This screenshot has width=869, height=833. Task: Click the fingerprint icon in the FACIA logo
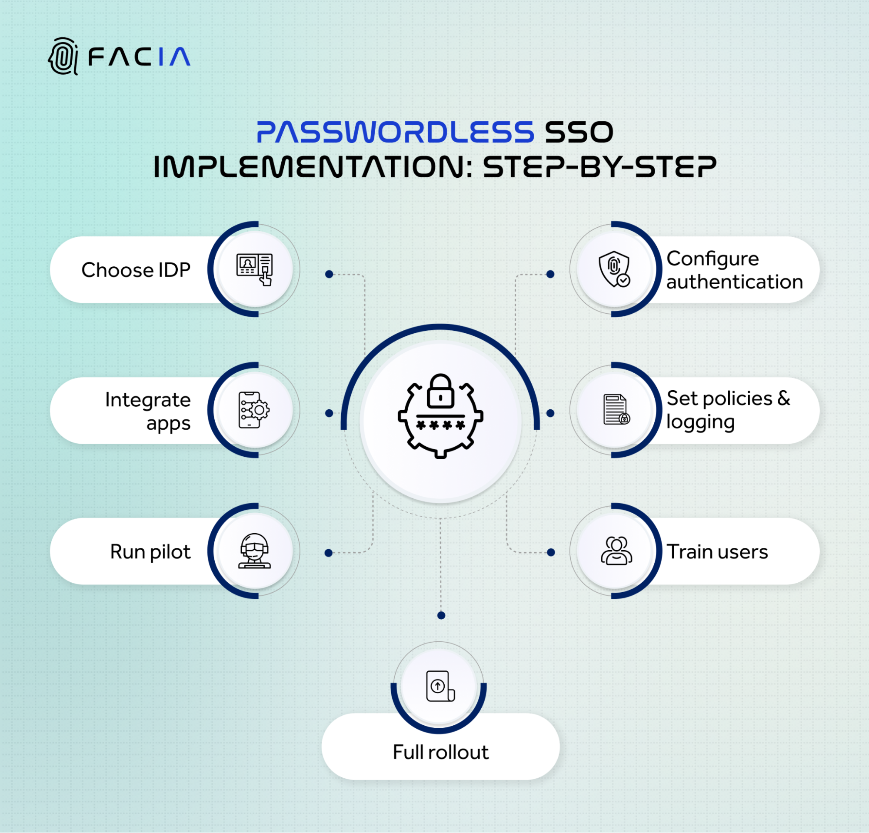pyautogui.click(x=63, y=56)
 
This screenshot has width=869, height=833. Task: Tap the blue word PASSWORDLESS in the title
pyautogui.click(x=396, y=132)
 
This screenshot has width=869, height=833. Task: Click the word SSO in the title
pyautogui.click(x=579, y=132)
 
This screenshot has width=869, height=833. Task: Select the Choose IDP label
pyautogui.click(x=136, y=270)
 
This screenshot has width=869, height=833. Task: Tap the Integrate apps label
pyautogui.click(x=148, y=411)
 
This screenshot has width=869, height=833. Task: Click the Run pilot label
pyautogui.click(x=150, y=552)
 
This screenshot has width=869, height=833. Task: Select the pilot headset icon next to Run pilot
pyautogui.click(x=254, y=551)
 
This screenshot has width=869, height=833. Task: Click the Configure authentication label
pyautogui.click(x=735, y=270)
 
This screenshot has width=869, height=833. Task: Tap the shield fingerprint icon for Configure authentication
pyautogui.click(x=615, y=269)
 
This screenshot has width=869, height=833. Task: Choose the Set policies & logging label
pyautogui.click(x=729, y=410)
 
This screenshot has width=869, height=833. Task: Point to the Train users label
pyautogui.click(x=717, y=552)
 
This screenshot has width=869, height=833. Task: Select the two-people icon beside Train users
pyautogui.click(x=616, y=551)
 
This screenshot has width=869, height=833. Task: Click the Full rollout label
pyautogui.click(x=441, y=752)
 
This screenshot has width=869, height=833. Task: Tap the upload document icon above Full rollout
pyautogui.click(x=440, y=686)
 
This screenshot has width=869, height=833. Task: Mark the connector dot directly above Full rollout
pyautogui.click(x=441, y=615)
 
